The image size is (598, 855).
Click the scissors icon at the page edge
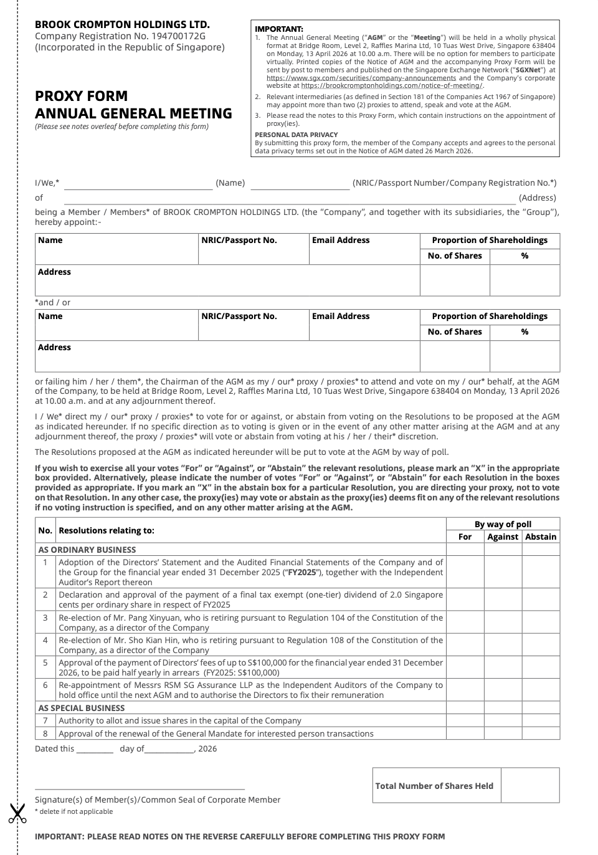(x=17, y=813)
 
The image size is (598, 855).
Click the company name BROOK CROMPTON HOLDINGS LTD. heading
(x=122, y=24)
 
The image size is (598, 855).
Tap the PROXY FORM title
(x=81, y=96)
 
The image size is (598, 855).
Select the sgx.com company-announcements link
(x=361, y=78)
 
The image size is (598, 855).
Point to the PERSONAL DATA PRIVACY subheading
(x=296, y=135)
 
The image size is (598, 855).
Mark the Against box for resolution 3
(x=503, y=623)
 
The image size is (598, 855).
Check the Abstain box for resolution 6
(x=541, y=690)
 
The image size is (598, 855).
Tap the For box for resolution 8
(x=465, y=733)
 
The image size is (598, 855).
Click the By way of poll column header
(x=503, y=524)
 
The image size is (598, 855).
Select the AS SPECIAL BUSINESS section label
(x=82, y=708)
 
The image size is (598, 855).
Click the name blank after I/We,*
(x=138, y=184)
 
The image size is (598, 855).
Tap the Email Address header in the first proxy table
(x=341, y=240)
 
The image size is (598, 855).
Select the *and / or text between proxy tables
(x=53, y=302)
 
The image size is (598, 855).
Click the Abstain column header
(x=541, y=537)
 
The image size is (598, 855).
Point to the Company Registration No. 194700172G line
(x=120, y=36)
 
